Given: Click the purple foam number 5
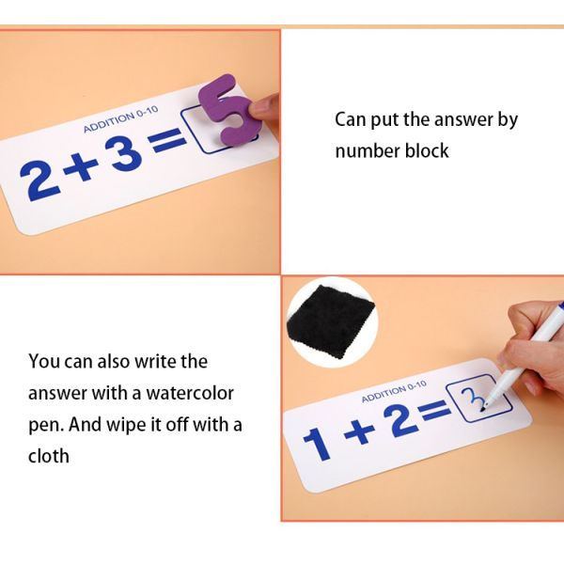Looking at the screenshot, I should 229,113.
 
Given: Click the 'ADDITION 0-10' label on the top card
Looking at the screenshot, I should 117,118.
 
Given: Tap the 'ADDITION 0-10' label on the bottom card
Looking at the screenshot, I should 394,391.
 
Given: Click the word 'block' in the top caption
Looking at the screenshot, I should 426,150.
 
